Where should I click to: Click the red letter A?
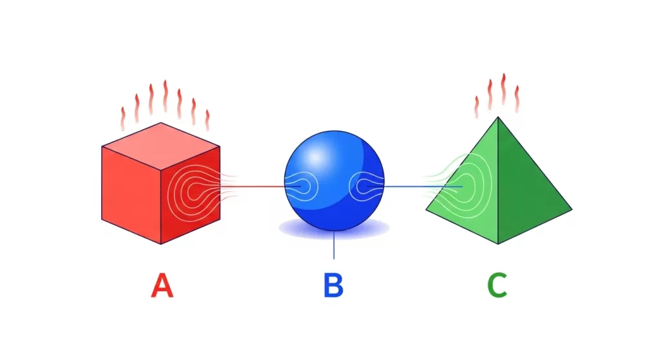[x=162, y=285]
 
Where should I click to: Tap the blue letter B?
[x=333, y=285]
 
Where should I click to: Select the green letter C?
[x=497, y=285]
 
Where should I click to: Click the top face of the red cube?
[x=161, y=146]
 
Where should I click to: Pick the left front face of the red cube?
[x=131, y=194]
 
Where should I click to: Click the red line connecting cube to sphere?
[x=252, y=186]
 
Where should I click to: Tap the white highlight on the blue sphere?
[x=315, y=157]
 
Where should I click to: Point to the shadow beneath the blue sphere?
[x=334, y=229]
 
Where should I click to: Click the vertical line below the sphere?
[x=334, y=245]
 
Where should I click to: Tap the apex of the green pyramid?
[x=498, y=117]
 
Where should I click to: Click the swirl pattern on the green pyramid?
[x=462, y=185]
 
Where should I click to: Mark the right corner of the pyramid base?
[x=572, y=209]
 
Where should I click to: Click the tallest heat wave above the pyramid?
[x=503, y=89]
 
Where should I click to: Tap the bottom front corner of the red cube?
[x=161, y=244]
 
